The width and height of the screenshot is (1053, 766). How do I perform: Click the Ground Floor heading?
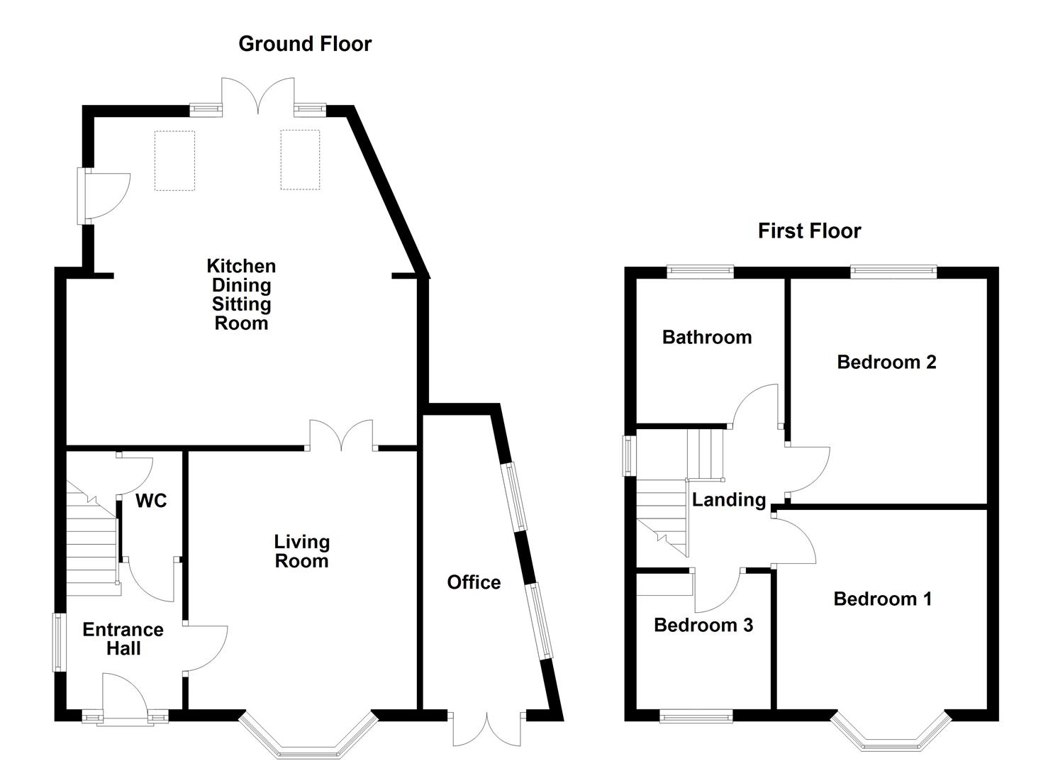[x=305, y=44]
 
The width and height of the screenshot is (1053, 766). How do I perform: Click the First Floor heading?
[x=810, y=231]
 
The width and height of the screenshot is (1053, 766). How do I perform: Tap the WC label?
[x=151, y=501]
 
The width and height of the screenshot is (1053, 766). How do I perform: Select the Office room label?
[x=474, y=582]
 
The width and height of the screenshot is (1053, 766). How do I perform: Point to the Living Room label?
[x=302, y=552]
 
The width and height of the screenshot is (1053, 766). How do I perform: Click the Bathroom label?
[x=707, y=337]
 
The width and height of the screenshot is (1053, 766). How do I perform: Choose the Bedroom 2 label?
[x=886, y=362]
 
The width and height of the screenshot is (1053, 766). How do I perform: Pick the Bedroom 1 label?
[x=882, y=599]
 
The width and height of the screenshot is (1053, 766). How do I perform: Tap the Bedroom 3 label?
[x=703, y=626]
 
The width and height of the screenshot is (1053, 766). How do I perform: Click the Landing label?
[x=729, y=500]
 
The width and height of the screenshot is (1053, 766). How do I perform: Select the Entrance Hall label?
[x=123, y=639]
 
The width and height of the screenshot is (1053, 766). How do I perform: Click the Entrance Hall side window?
[x=59, y=643]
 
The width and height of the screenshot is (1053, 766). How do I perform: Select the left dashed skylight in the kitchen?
[x=175, y=161]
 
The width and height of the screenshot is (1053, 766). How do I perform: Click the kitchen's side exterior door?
[x=104, y=196]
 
